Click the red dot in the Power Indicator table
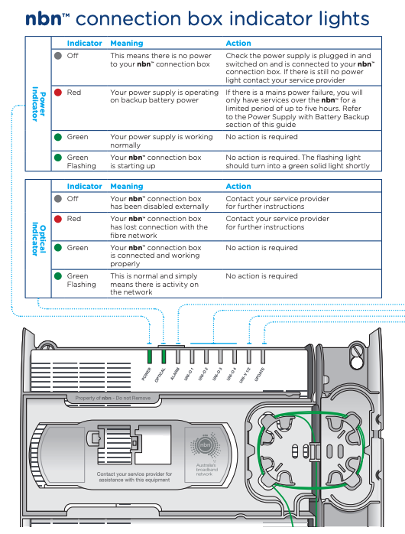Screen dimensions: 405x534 tap(58, 93)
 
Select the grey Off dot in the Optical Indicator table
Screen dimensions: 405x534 tap(58, 199)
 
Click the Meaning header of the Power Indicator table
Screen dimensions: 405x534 tap(127, 44)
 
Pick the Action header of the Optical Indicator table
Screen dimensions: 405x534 tap(238, 186)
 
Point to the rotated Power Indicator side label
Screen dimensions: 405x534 tap(38, 104)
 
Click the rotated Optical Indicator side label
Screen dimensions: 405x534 tap(38, 239)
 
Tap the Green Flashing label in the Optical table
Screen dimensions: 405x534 tap(81, 280)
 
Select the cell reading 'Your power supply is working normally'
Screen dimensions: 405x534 tap(161, 141)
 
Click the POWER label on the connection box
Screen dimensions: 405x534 tap(146, 374)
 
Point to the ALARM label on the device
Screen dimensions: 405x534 tap(175, 374)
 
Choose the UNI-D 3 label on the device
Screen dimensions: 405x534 tap(217, 374)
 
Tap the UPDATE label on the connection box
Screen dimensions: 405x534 tap(260, 374)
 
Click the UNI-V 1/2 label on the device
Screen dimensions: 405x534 tap(245, 376)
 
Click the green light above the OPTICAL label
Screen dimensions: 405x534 tap(164, 357)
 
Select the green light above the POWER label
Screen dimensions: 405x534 tap(149, 357)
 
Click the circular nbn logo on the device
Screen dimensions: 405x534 tap(205, 444)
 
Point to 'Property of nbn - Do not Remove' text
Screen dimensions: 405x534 tap(113, 398)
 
